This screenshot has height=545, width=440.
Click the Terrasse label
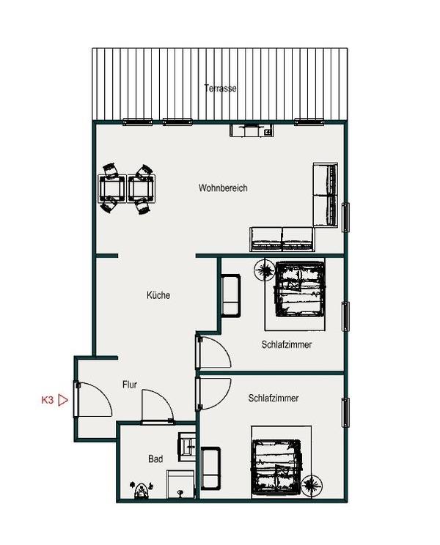(x=220, y=89)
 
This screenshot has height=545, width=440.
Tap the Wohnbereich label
(x=223, y=188)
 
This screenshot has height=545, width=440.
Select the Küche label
(x=158, y=295)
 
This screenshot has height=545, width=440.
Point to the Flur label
(x=129, y=385)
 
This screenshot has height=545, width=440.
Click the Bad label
(x=155, y=459)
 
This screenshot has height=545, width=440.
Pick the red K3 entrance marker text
(x=48, y=400)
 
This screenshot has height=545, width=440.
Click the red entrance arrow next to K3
(x=63, y=400)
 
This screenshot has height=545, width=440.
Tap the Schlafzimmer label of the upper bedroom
(x=286, y=344)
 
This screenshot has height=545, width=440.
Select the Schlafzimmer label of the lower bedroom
(x=274, y=398)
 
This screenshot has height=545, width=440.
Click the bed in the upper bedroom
(x=300, y=289)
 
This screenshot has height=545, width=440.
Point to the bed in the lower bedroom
(x=276, y=467)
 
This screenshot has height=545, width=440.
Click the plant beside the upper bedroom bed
(x=264, y=270)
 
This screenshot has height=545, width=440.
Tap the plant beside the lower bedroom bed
(x=312, y=485)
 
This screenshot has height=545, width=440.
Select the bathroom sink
(x=187, y=447)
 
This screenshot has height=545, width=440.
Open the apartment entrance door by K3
(x=94, y=400)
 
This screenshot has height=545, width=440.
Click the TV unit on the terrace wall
(x=251, y=130)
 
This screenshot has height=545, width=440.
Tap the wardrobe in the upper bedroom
(x=231, y=295)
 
